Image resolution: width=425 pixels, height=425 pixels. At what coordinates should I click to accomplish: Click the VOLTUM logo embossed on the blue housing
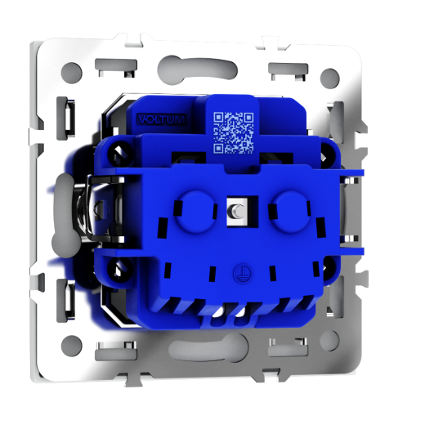[x=162, y=119]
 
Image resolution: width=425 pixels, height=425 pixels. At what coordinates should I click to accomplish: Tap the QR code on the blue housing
[x=234, y=132]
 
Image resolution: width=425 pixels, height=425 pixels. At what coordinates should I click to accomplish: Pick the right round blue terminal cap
[x=289, y=211]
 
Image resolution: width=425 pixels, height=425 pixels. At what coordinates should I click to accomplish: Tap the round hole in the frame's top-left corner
[x=71, y=74]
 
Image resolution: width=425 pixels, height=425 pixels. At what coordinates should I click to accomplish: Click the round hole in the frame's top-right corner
[x=330, y=78]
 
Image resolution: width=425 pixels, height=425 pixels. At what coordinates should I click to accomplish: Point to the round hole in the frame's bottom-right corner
[x=330, y=341]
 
